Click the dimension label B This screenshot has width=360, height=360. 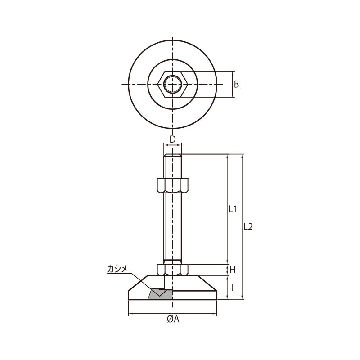(236, 84)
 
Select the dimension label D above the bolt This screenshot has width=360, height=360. (172, 139)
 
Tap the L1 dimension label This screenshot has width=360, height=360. (233, 209)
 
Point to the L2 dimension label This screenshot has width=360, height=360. (248, 227)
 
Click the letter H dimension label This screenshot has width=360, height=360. (233, 270)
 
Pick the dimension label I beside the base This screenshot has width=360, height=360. (233, 288)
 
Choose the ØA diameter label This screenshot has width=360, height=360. (173, 319)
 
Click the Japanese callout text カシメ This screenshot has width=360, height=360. (117, 269)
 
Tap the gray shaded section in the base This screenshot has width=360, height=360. (160, 294)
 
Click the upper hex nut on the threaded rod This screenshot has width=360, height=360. (172, 185)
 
